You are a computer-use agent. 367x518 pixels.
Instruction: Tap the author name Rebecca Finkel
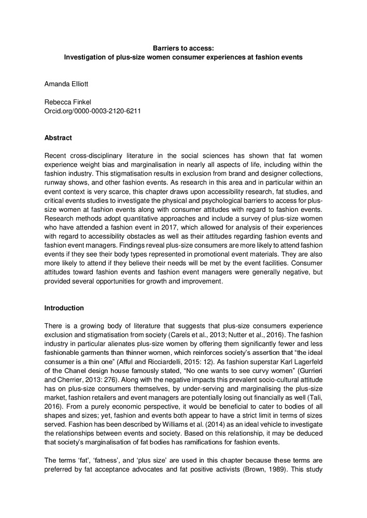click(x=67, y=102)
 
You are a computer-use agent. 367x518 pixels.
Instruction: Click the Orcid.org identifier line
click(x=93, y=111)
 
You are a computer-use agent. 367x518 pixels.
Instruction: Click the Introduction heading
click(x=64, y=308)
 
